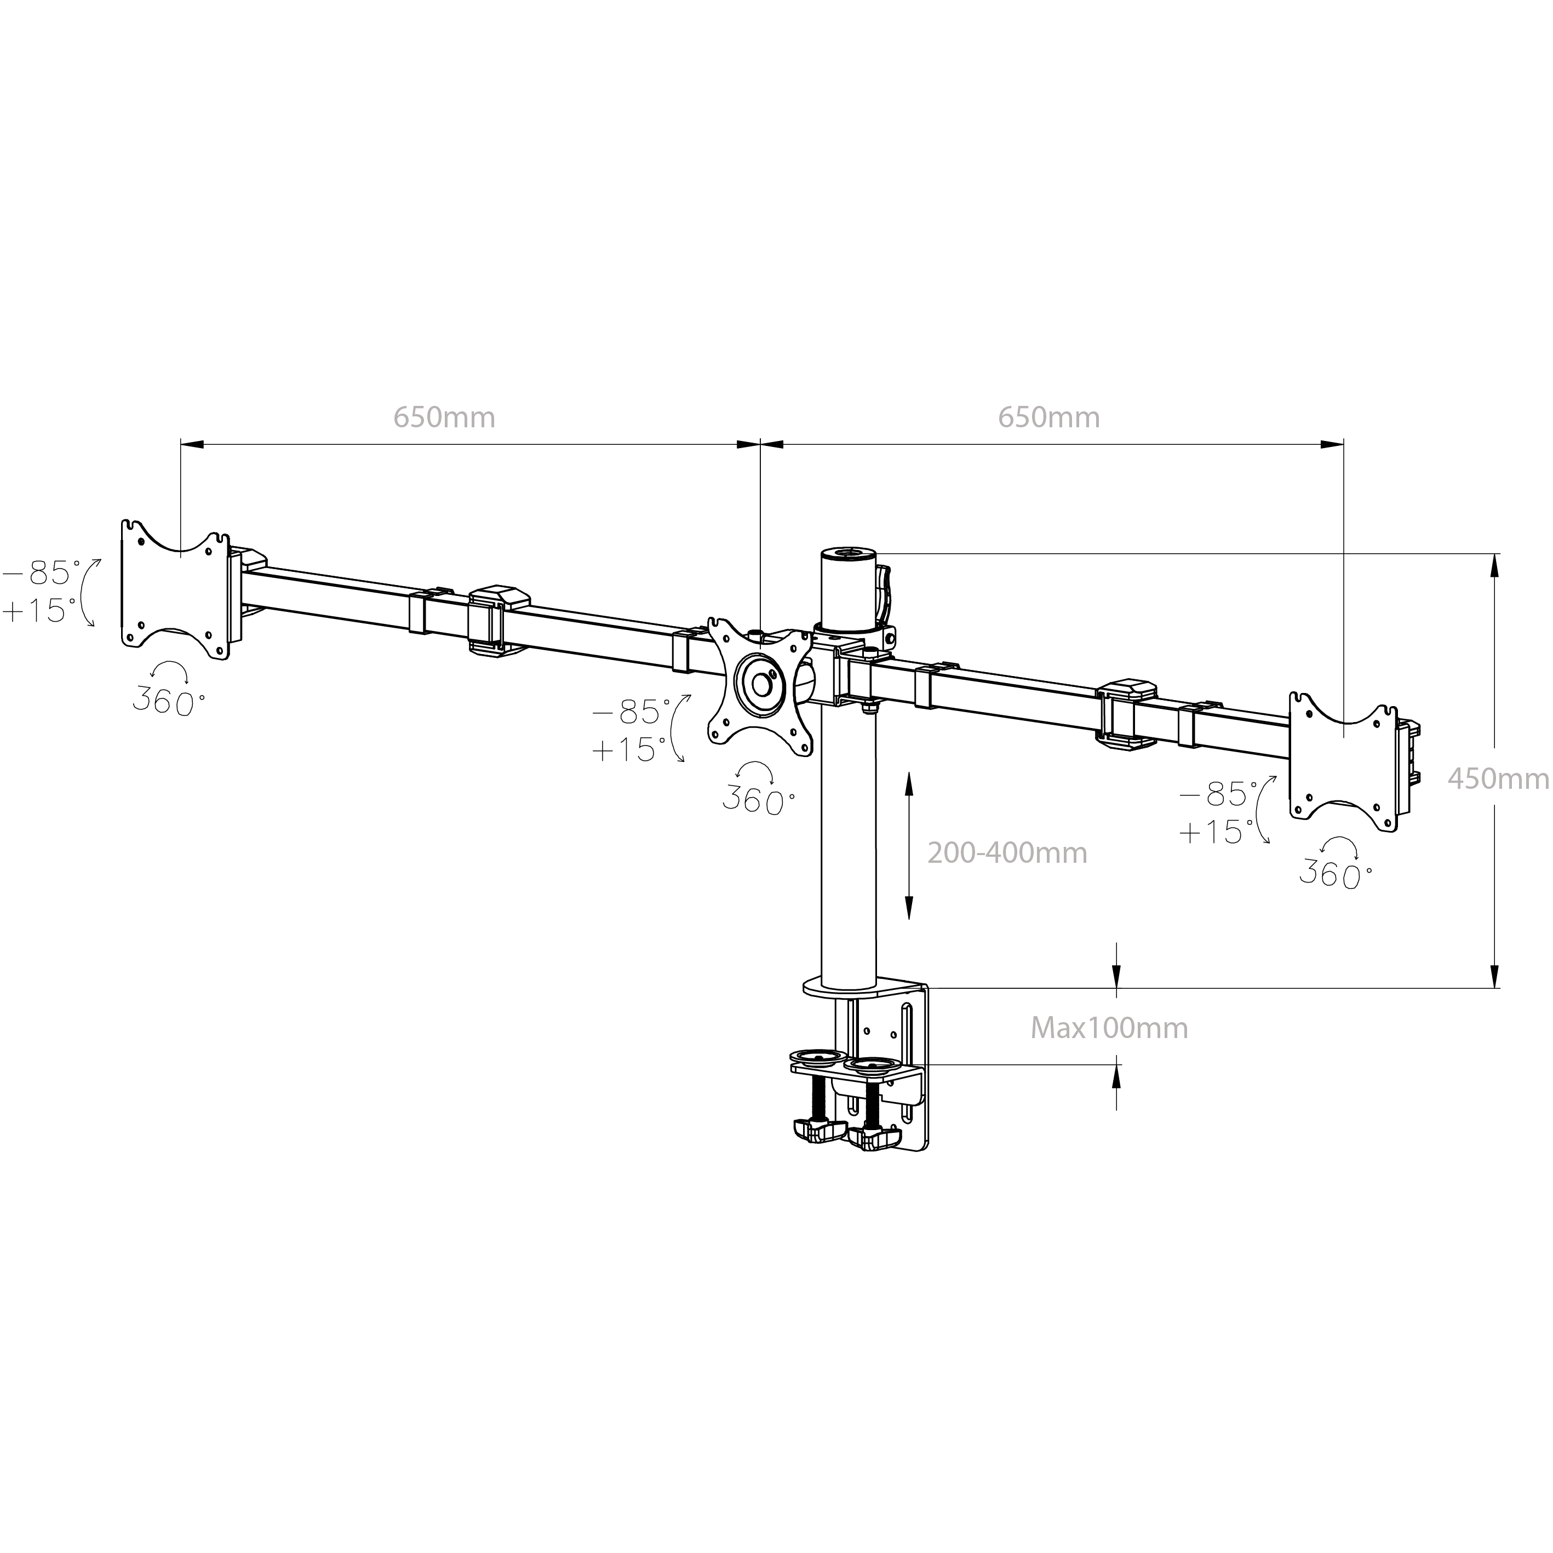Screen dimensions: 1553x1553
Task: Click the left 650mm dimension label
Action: pos(444,417)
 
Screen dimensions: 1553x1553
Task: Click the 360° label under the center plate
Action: pos(758,799)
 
